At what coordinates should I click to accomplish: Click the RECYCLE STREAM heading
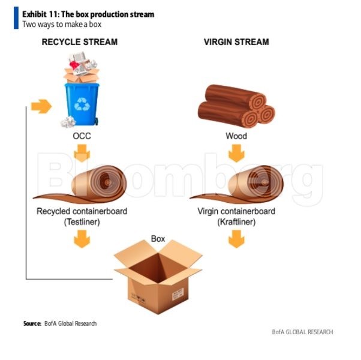tap(79, 42)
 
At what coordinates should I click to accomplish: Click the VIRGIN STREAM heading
tap(236, 42)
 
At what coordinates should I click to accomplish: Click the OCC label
tap(81, 136)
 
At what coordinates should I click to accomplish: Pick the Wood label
tap(236, 136)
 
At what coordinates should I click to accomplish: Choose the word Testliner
tap(82, 222)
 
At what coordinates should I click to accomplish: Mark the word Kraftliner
tap(236, 222)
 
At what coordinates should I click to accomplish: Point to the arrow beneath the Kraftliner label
tap(236, 240)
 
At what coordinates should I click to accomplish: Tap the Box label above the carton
tap(158, 239)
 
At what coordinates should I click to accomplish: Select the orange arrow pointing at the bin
tap(41, 107)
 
